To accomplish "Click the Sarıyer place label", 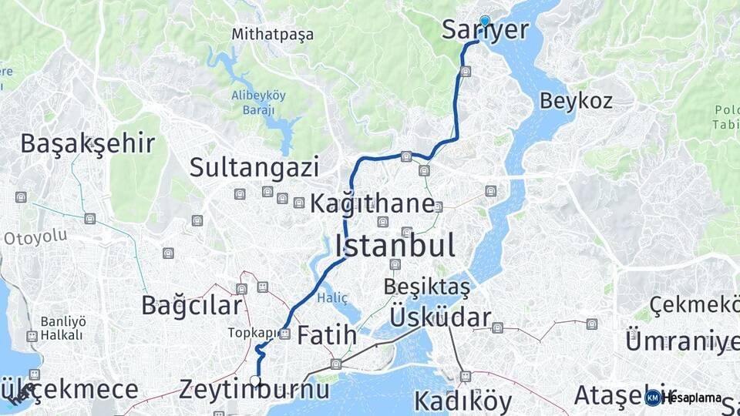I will tap(486, 30).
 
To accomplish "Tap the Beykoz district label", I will tap(576, 100).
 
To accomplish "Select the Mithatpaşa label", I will tap(273, 35).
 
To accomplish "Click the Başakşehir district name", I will tap(87, 143).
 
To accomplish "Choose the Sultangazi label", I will tap(254, 166).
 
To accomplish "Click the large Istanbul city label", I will tap(394, 246).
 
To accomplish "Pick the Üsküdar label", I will tap(440, 317).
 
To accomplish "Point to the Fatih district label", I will tap(327, 335).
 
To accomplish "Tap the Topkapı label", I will tap(251, 333).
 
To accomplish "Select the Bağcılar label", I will tap(191, 305).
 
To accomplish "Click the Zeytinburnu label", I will tap(254, 390).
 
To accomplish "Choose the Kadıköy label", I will tap(462, 401).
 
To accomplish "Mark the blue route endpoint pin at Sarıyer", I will tap(485, 21).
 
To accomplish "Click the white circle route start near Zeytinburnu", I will tap(255, 380).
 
